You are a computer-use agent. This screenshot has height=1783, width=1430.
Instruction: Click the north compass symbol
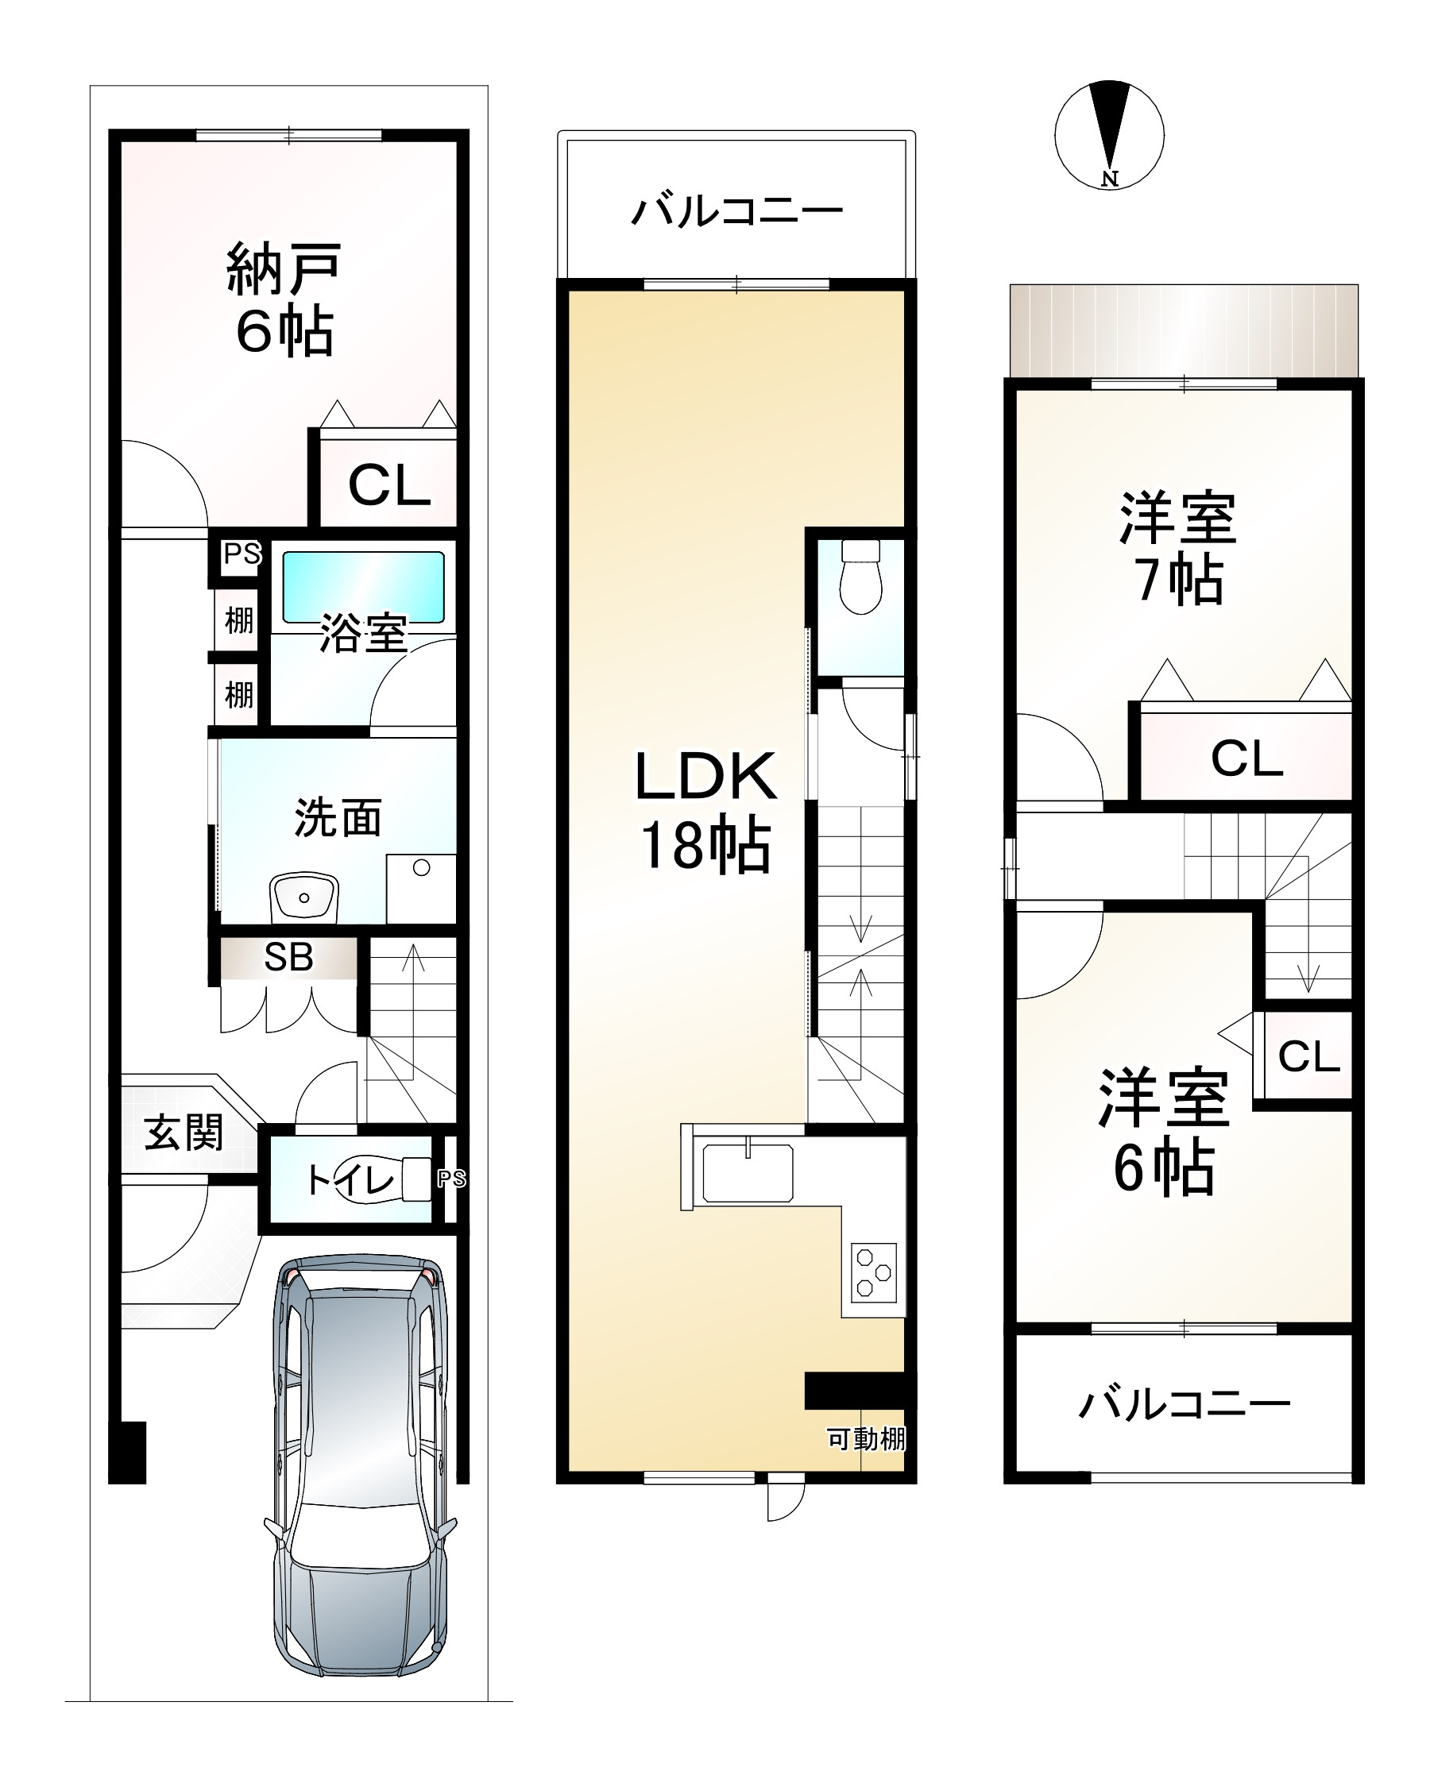click(x=1109, y=136)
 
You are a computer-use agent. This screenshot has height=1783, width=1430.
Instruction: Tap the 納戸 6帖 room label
click(x=284, y=299)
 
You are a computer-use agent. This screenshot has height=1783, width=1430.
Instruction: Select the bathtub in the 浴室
click(x=363, y=587)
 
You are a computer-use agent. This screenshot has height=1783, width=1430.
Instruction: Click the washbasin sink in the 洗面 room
click(x=303, y=897)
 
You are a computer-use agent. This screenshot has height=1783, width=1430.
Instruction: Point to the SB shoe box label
click(x=288, y=957)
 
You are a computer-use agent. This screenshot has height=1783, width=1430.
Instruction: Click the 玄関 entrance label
click(x=184, y=1133)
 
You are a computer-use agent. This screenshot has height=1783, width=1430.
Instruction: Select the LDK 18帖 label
click(x=705, y=811)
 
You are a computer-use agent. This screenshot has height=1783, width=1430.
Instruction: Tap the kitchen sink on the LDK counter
click(x=747, y=1171)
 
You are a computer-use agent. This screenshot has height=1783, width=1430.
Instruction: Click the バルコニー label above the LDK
click(x=736, y=211)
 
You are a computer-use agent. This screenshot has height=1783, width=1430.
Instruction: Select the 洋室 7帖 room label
click(x=1177, y=547)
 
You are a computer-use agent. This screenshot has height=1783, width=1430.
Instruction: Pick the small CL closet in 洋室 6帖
click(x=1308, y=1056)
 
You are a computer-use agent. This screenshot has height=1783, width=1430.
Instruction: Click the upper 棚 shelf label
click(x=239, y=619)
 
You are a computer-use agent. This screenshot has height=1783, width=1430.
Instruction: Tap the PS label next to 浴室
click(x=242, y=554)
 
